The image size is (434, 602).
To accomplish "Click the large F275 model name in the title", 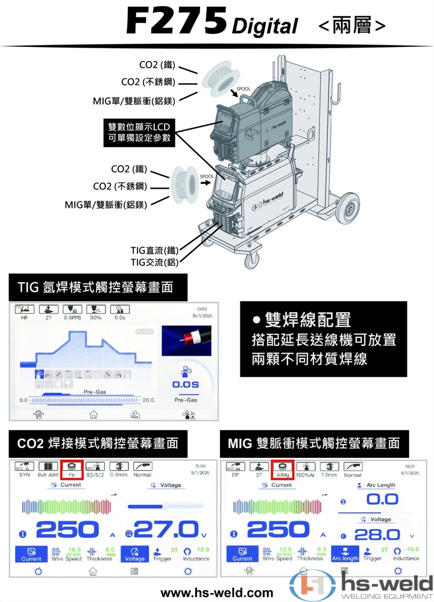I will tap(176, 22).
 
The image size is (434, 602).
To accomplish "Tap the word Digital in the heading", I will tap(265, 26).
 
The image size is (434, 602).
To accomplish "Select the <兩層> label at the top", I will tap(351, 25).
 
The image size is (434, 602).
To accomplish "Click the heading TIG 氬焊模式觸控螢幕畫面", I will tap(95, 287).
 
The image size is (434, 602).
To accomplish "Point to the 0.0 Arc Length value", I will tap(382, 500).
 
